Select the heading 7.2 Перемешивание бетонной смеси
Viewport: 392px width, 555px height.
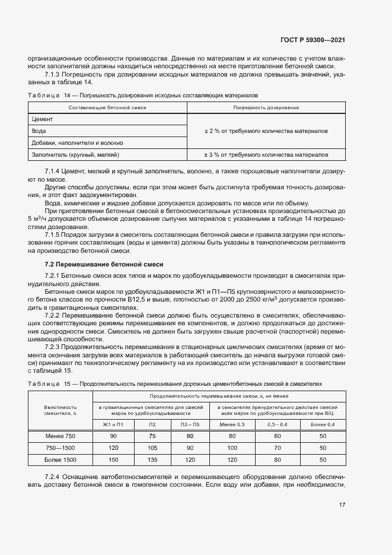(95, 264)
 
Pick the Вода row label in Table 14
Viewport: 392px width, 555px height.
(39, 131)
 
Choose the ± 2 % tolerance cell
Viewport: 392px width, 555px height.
(266, 131)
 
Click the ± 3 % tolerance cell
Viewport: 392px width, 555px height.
(266, 154)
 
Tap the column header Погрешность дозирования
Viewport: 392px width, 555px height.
(266, 107)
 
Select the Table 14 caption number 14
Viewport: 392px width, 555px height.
(67, 94)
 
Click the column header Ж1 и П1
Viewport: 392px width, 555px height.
(113, 424)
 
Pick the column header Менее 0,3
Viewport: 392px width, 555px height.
(232, 424)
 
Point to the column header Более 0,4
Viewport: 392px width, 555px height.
(323, 424)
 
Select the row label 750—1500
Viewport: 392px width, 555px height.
(60, 448)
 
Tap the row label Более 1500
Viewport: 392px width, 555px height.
(60, 459)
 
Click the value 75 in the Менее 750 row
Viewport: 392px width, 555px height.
(152, 436)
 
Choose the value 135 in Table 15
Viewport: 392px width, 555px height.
(152, 459)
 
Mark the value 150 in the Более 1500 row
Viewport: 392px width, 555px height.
(113, 459)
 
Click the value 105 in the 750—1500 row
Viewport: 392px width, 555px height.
(152, 448)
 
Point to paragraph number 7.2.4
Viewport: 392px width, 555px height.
(55, 477)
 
